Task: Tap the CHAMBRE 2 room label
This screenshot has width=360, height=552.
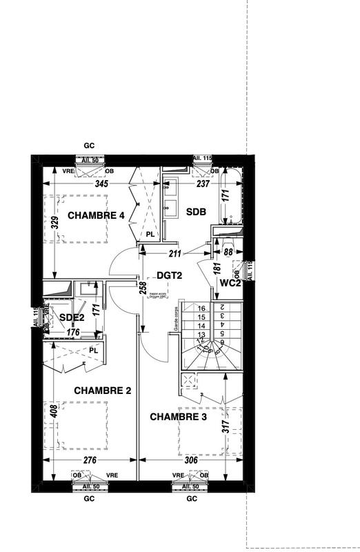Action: tap(103, 391)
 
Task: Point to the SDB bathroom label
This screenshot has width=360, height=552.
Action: tap(196, 213)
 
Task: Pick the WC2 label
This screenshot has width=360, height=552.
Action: tap(229, 282)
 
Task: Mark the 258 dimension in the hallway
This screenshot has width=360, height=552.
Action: tap(143, 288)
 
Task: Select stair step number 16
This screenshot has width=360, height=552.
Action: tap(202, 308)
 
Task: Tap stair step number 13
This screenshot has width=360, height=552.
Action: tap(202, 333)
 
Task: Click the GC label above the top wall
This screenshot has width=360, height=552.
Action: tap(88, 146)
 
